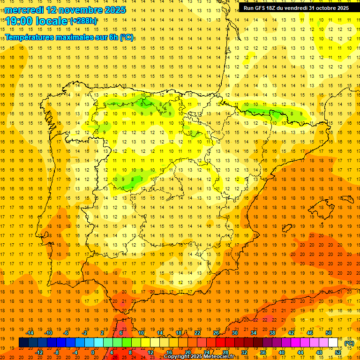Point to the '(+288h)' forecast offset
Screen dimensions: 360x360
tap(83, 21)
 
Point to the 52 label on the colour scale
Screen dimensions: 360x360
tap(338, 352)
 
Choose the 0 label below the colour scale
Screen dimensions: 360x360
tap(93, 352)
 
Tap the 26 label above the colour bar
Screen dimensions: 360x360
tap(216, 333)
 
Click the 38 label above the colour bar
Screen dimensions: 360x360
tap(272, 333)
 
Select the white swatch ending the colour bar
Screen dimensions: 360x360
tap(333, 343)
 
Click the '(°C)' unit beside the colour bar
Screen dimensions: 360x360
tap(349, 344)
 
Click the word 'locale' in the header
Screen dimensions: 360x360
tap(52, 21)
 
